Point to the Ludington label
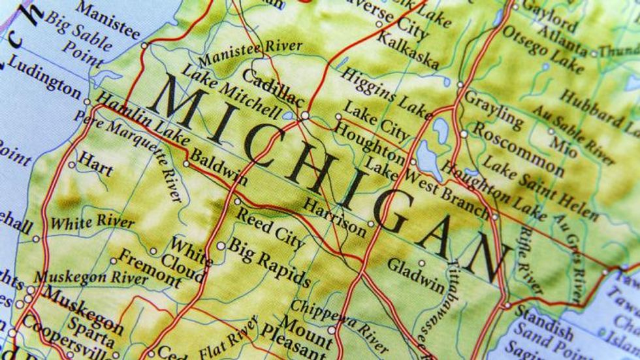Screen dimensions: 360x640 [44, 84]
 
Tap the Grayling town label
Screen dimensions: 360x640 [493, 108]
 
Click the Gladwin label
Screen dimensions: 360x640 [415, 275]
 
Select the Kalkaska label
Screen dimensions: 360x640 [408, 49]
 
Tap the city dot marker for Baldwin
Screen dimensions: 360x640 [186, 164]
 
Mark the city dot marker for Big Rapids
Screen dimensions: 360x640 [221, 246]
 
